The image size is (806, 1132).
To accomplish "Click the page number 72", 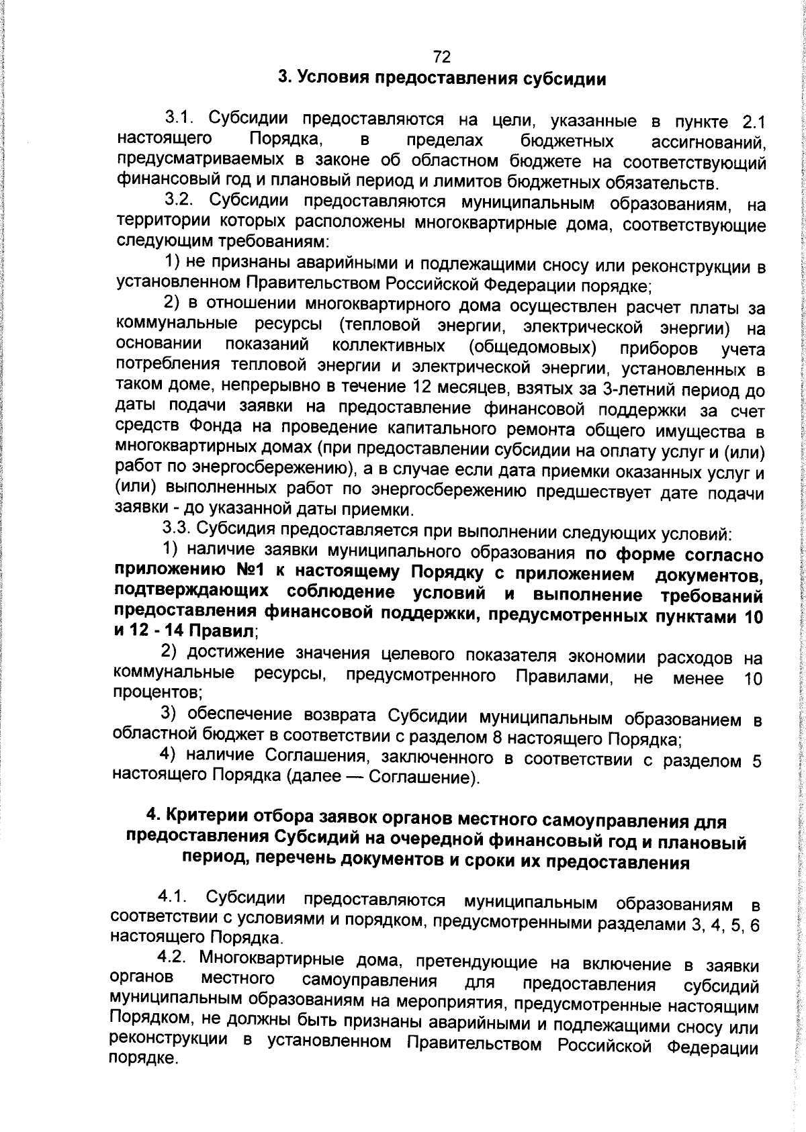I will (x=442, y=56).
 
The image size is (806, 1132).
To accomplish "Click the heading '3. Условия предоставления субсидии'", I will (x=443, y=79).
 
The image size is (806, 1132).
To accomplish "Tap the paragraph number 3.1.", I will (x=181, y=119).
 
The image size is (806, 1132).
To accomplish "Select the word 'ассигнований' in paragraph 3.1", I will (x=709, y=142).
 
